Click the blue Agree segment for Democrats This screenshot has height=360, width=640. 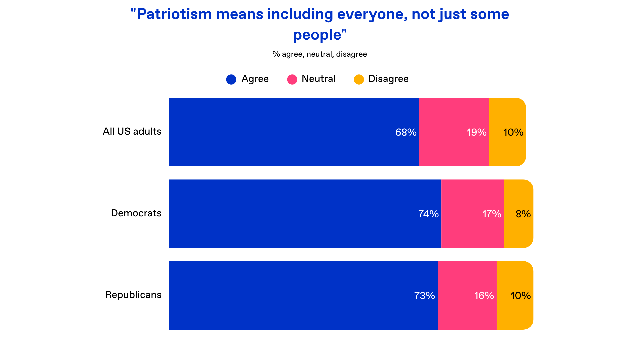point(305,214)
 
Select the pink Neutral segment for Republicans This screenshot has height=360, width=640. point(467,295)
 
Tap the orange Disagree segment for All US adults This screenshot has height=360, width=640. point(507,132)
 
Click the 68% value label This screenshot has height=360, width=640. point(406,132)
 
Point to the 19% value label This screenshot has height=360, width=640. point(477,132)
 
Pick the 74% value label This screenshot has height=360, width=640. point(428,214)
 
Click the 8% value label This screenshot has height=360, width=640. point(523,214)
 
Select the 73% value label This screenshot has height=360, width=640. point(424,295)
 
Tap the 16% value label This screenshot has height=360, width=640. point(484,295)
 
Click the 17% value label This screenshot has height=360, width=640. point(492,214)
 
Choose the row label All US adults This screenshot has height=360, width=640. point(132,131)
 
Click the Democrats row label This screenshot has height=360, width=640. point(136,213)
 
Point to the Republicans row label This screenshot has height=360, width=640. point(133,295)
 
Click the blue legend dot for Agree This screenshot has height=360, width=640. point(231,79)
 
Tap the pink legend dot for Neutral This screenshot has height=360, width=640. point(292,79)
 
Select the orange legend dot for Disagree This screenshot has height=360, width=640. point(359,79)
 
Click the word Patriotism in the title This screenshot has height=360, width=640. point(174,14)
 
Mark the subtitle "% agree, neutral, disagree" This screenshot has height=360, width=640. point(320,54)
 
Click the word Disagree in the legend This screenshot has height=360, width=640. point(388,79)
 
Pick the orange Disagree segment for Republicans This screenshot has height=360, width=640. point(515,295)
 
